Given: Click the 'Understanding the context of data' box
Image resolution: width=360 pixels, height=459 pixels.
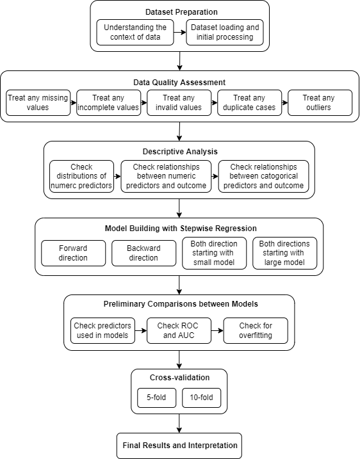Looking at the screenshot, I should click(x=135, y=33).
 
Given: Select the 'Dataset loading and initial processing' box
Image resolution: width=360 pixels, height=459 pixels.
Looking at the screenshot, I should click(x=224, y=33).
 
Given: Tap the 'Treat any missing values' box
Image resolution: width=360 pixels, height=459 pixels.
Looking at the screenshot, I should click(x=38, y=102).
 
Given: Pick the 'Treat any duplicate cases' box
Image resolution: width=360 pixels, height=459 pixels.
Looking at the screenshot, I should click(x=249, y=102).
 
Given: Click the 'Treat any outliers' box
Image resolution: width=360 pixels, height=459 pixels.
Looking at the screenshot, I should click(x=320, y=102).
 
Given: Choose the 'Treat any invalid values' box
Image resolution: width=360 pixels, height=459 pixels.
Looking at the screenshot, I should click(x=179, y=102).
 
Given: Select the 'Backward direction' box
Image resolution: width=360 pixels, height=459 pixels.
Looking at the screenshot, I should click(x=143, y=253).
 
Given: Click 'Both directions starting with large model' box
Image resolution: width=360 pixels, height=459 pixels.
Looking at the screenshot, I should click(x=284, y=253).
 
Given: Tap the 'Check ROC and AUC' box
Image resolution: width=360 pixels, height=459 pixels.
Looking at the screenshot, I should click(x=179, y=330).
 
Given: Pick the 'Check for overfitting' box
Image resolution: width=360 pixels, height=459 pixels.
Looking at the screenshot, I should click(x=256, y=330).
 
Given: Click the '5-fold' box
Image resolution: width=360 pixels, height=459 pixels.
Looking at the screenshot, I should click(x=156, y=398).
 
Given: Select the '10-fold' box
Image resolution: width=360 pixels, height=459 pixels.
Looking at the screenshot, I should click(x=202, y=398).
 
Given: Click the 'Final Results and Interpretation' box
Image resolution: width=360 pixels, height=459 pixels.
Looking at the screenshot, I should click(x=179, y=445).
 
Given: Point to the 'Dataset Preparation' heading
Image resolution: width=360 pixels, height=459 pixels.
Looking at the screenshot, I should click(x=179, y=11).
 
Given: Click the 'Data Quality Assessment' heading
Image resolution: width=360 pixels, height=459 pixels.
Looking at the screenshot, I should click(x=179, y=82).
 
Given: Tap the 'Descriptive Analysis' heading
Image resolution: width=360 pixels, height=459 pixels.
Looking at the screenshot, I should click(x=179, y=152).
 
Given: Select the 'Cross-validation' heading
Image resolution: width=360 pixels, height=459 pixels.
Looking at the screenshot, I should click(x=179, y=378).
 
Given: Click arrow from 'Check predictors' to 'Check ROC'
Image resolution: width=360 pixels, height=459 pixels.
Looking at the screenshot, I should click(x=141, y=330).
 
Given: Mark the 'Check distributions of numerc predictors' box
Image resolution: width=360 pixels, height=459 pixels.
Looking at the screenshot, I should click(x=81, y=176).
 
